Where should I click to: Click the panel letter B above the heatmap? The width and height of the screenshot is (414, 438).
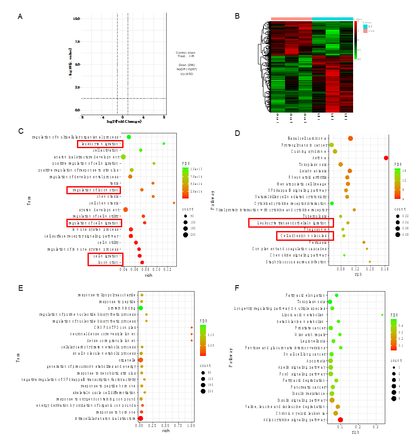coord(237,16)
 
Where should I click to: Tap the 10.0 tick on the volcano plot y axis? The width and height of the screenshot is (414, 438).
coord(77,19)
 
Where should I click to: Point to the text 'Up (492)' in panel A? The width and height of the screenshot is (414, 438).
coord(186,74)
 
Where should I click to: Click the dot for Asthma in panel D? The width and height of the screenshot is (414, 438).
coord(386,158)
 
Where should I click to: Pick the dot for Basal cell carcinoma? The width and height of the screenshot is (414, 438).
coord(350,138)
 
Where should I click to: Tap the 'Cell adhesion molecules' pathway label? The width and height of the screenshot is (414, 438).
coord(305,235)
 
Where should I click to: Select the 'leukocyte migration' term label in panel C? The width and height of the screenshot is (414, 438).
coord(99,144)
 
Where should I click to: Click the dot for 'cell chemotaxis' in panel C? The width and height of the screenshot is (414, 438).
coord(174,203)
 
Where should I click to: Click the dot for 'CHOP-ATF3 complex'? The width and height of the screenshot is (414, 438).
coord(192,328)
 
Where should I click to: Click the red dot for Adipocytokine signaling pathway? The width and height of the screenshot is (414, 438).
coord(340,420)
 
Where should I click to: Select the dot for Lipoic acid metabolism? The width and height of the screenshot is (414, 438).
coord(382,315)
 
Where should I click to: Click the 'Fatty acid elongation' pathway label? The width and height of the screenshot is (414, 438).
coord(305,295)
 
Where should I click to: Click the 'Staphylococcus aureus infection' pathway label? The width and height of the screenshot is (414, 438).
coord(296,262)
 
